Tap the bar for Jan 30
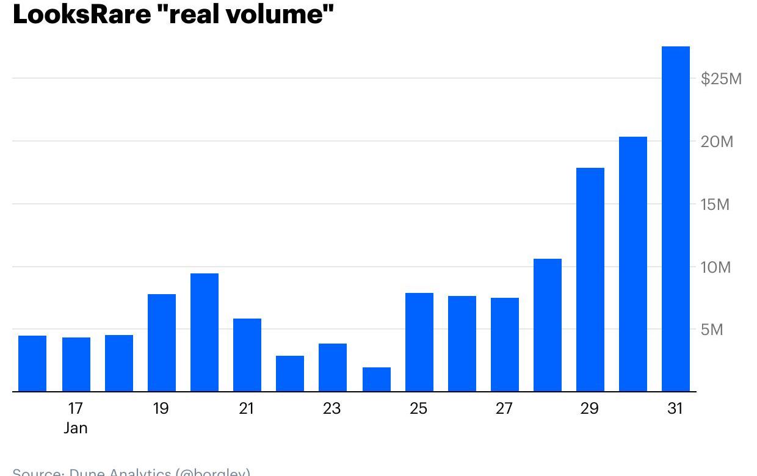[632, 264]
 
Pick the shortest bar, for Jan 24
[376, 379]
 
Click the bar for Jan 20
[205, 333]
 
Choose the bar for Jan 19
[162, 342]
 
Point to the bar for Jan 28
[547, 325]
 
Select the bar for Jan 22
[290, 373]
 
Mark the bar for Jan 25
[419, 342]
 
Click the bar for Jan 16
[32, 363]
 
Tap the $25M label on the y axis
[721, 79]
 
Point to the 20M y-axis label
[717, 142]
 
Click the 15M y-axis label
[715, 204]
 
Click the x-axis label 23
[331, 408]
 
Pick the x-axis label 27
[504, 408]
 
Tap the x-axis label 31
[675, 408]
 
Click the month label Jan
[76, 428]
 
